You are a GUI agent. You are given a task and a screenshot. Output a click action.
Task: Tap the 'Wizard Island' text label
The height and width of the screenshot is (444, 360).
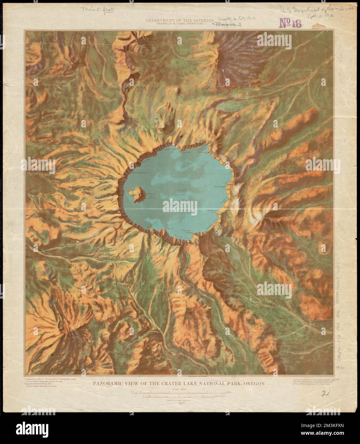tap(151, 196)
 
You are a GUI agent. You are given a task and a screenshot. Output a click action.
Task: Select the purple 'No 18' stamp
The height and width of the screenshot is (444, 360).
tap(291, 22)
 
